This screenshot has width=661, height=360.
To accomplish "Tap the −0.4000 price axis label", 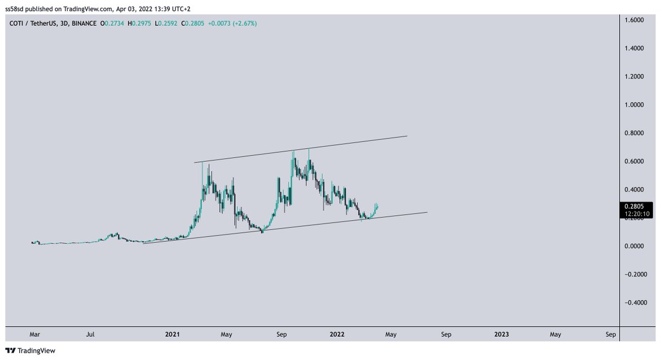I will coord(635,303).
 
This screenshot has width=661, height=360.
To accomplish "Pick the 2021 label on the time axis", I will coord(172,334).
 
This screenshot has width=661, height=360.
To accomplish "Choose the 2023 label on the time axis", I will coord(501,334).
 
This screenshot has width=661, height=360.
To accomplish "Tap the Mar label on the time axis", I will coord(35,334).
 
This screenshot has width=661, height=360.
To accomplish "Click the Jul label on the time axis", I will coord(91,334).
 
